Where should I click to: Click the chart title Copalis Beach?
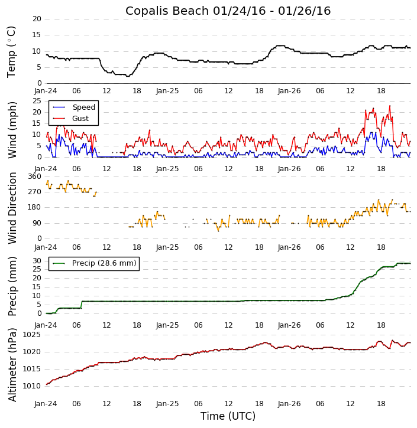228,11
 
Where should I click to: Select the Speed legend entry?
83,107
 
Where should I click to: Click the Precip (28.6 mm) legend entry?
104,263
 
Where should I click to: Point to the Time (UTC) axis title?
228,416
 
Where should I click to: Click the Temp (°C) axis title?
12,51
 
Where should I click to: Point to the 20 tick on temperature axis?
37,19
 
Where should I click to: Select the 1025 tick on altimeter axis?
31,335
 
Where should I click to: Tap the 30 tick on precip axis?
37,261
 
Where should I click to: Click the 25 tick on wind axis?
37,101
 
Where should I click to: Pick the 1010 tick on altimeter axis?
31,386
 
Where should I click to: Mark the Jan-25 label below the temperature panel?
167,91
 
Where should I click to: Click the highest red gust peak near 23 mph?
390,106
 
